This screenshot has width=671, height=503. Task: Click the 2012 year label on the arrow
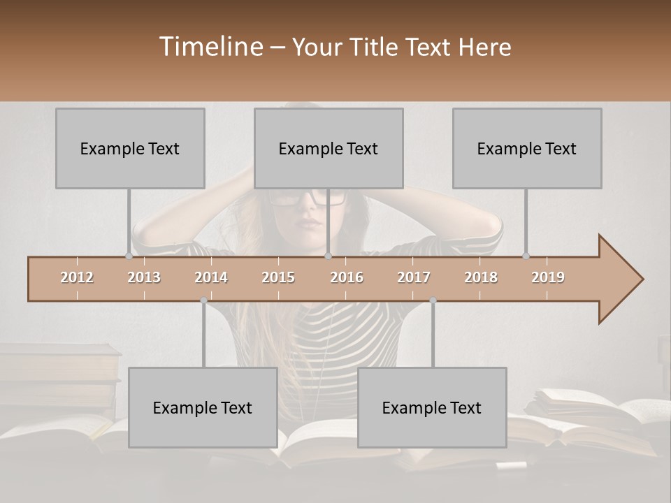pos(77,277)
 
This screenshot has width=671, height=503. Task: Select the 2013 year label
pos(144,277)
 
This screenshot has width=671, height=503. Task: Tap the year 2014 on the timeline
pos(211,277)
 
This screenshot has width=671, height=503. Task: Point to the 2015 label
pos(278,277)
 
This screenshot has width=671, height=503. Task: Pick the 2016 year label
pos(347,277)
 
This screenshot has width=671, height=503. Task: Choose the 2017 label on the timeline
pos(414,277)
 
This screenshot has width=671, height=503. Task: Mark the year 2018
pos(481,277)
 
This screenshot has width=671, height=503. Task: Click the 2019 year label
pos(548,277)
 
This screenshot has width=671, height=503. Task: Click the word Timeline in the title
pos(210,47)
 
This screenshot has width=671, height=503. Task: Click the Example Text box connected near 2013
pos(130,148)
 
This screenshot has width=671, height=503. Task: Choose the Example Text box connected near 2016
pos(329,148)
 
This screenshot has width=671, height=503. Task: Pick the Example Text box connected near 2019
pos(527,148)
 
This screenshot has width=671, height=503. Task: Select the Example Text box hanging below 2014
pos(203,407)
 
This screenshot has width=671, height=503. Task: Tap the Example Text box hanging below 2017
pos(432,407)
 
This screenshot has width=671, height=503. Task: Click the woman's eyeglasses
pos(308,198)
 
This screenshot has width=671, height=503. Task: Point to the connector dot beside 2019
pos(526,256)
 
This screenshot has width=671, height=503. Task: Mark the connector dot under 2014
pos(203,300)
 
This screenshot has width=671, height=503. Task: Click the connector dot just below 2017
pos(433,300)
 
